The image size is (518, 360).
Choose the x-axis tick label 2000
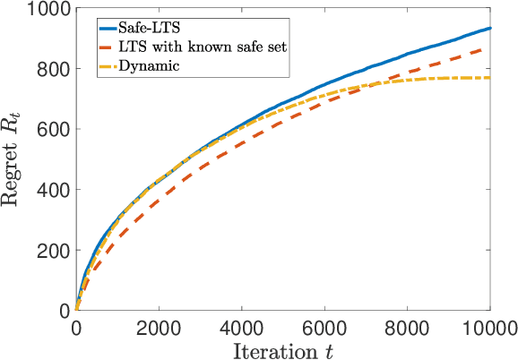click(159, 327)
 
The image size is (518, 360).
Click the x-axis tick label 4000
click(241, 327)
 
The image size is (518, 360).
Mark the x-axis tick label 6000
click(324, 327)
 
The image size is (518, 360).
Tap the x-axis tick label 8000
click(407, 327)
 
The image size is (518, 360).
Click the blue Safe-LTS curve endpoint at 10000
click(489, 29)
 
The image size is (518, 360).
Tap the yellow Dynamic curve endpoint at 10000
click(489, 78)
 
